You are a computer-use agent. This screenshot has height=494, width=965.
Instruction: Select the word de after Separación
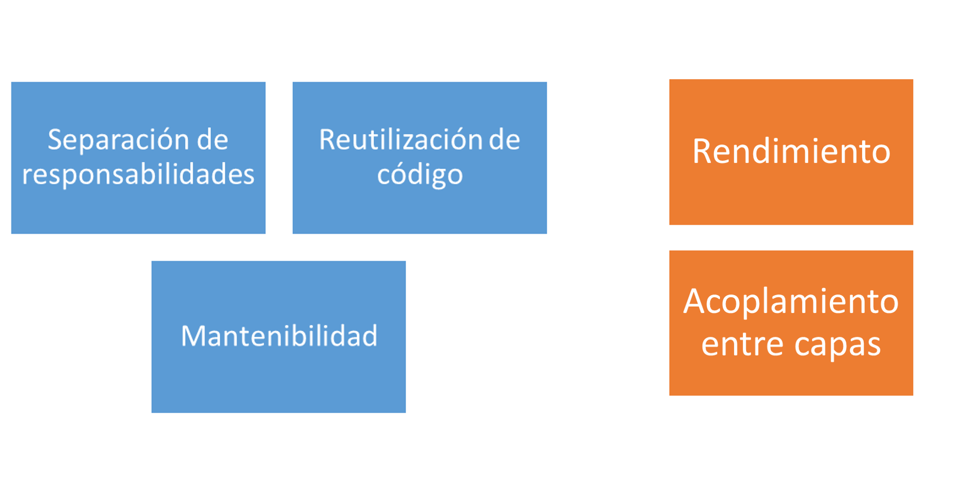(212, 139)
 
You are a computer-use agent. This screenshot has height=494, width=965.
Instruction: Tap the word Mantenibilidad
(279, 336)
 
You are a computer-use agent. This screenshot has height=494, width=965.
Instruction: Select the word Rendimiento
(791, 151)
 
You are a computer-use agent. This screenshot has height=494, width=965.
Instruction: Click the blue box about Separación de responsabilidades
(138, 158)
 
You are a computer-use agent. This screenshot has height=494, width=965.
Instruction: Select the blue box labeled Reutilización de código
(420, 158)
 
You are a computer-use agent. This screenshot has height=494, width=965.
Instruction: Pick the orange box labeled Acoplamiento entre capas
(791, 323)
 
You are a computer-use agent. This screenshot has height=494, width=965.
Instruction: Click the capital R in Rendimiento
(702, 151)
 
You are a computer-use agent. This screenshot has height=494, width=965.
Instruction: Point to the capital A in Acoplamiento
(695, 301)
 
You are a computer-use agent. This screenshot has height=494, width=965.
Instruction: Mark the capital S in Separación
(55, 140)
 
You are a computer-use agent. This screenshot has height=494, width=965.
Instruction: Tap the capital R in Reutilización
(327, 140)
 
